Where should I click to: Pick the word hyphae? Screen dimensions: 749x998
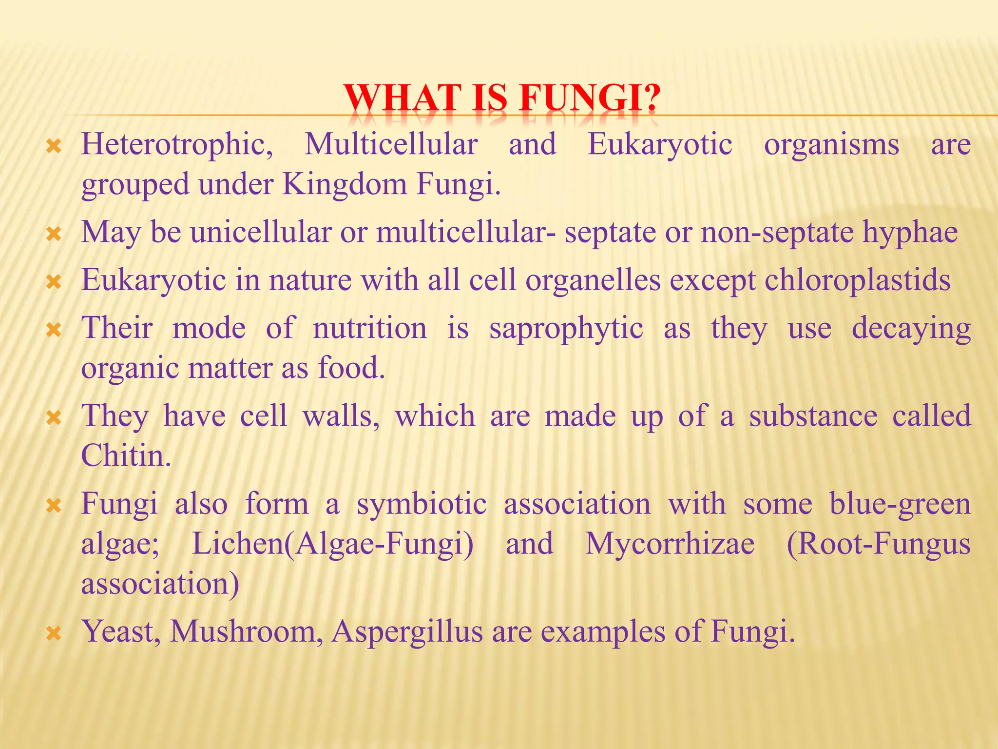pyautogui.click(x=910, y=232)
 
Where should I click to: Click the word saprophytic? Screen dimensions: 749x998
pyautogui.click(x=566, y=328)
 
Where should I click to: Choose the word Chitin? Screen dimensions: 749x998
pyautogui.click(x=126, y=455)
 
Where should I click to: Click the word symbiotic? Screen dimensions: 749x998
pyautogui.click(x=422, y=504)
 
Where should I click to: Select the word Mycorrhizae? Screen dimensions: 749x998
pyautogui.click(x=670, y=544)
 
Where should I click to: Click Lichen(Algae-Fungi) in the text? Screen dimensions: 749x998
pyautogui.click(x=332, y=544)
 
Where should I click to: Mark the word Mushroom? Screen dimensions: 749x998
pyautogui.click(x=246, y=631)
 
